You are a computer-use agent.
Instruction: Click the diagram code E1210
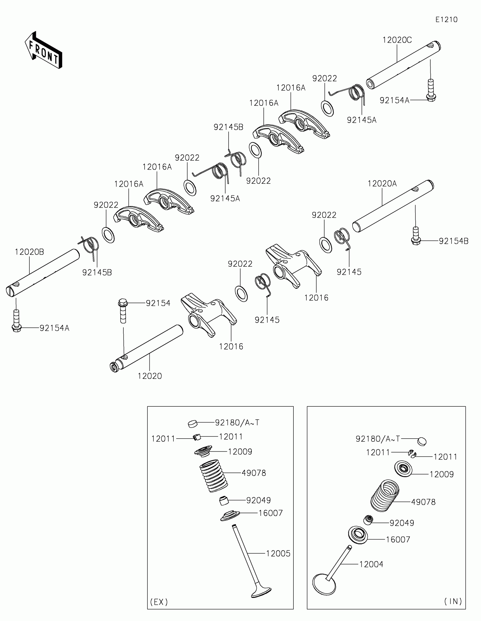(446, 20)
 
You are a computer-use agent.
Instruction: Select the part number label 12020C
(397, 40)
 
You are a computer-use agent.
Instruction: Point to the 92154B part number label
(453, 241)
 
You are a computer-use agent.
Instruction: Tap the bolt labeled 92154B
(416, 236)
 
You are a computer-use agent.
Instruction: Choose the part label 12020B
(29, 252)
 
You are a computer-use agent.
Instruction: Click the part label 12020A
(382, 184)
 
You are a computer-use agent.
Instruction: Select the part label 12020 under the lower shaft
(150, 376)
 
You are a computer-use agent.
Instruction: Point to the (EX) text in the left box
(159, 602)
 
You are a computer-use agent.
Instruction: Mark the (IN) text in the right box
(453, 601)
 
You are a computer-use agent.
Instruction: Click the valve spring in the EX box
(213, 476)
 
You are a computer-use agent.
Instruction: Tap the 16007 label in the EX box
(270, 513)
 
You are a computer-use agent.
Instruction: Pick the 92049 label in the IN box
(402, 523)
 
